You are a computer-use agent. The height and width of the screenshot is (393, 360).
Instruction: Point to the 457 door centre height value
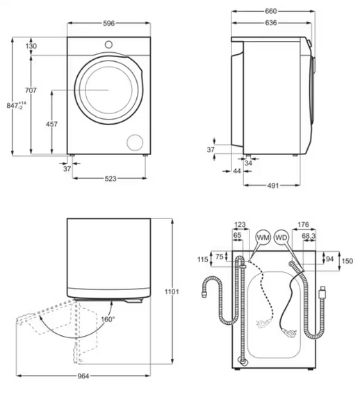51,124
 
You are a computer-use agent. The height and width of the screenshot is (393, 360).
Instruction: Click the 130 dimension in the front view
32,46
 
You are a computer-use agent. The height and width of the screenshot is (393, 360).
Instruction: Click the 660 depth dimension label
271,11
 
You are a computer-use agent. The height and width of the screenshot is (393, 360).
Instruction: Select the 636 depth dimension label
271,23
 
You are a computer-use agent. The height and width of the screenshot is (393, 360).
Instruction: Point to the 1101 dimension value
173,291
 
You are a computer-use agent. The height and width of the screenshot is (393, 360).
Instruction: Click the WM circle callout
263,237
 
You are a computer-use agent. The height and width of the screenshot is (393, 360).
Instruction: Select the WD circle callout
281,237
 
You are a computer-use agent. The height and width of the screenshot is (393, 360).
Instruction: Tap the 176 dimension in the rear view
303,225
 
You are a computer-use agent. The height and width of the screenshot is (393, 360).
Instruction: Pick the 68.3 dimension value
309,236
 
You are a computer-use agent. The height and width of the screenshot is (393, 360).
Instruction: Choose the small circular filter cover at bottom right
133,141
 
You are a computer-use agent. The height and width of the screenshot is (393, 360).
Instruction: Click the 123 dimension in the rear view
240,225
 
